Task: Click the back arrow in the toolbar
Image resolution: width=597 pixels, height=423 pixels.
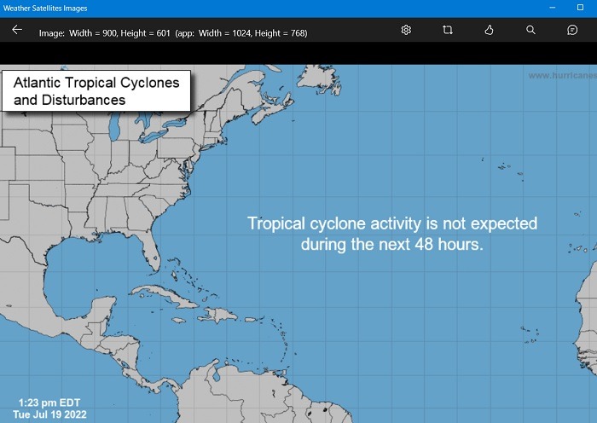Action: pyautogui.click(x=17, y=30)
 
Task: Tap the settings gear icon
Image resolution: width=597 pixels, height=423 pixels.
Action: pyautogui.click(x=406, y=30)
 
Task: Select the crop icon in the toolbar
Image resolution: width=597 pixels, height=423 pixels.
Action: pyautogui.click(x=448, y=30)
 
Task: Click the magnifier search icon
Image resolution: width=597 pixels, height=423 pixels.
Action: pyautogui.click(x=530, y=30)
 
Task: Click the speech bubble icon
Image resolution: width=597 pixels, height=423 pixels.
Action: pyautogui.click(x=572, y=30)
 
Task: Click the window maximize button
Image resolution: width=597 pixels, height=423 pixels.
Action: pyautogui.click(x=581, y=7)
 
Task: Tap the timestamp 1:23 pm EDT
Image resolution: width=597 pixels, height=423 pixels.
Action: pyautogui.click(x=49, y=403)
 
